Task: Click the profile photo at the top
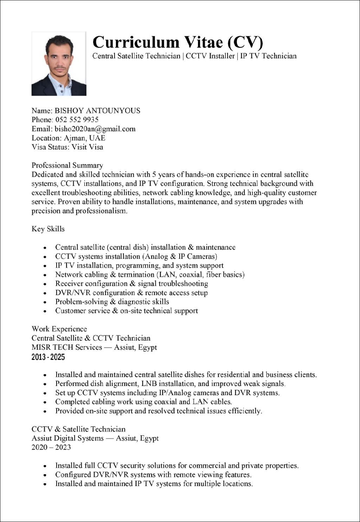(x=59, y=64)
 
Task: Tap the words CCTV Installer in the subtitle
(x=210, y=56)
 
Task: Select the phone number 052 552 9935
(x=77, y=120)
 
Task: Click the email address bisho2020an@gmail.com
(x=95, y=129)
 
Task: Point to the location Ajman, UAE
(x=84, y=138)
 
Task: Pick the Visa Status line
(x=67, y=147)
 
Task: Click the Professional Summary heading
(x=67, y=165)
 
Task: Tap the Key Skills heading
(x=48, y=229)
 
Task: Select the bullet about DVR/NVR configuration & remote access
(x=131, y=293)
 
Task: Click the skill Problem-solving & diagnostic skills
(x=112, y=302)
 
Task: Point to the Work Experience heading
(x=59, y=329)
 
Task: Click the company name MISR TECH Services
(x=66, y=347)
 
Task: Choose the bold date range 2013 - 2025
(x=48, y=357)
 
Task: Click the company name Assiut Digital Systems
(x=67, y=438)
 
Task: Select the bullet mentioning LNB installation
(x=171, y=384)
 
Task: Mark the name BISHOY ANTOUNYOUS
(x=97, y=111)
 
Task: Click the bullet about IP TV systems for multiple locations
(x=154, y=484)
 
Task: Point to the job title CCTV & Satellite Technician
(x=78, y=429)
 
